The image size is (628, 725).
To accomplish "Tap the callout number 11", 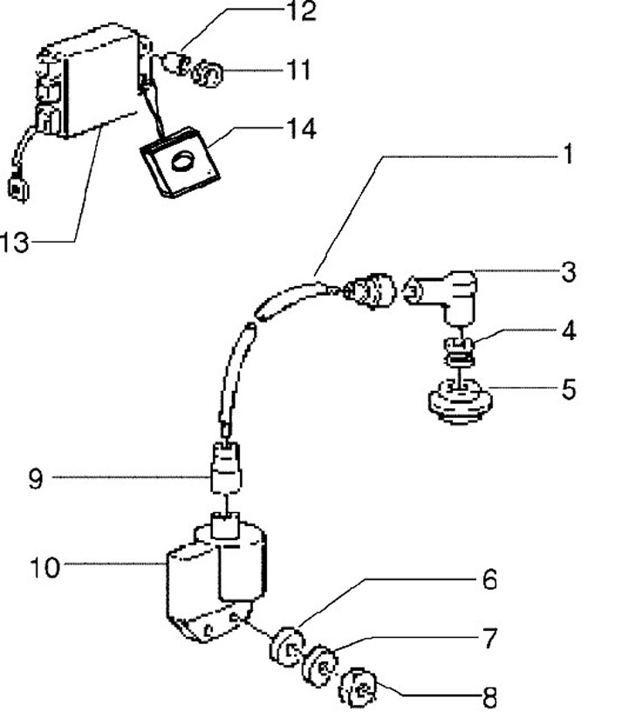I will coord(298,69).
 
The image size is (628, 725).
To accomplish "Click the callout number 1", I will coord(568,155).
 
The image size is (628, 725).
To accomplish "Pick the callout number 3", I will coord(568,272).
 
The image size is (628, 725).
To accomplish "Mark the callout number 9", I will coord(35,479).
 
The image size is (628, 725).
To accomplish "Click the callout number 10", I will coord(44,568).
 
